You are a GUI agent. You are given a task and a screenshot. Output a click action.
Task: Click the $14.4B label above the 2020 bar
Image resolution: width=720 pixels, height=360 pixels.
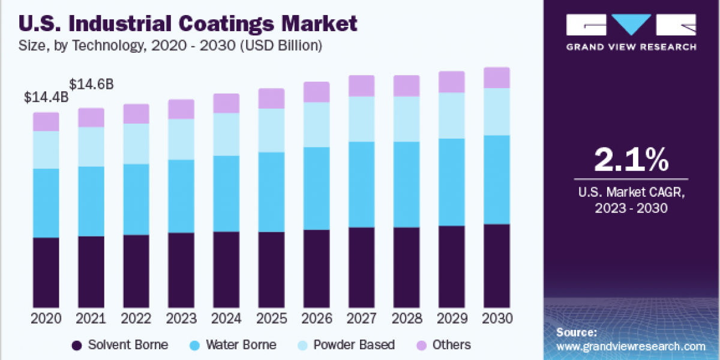46,97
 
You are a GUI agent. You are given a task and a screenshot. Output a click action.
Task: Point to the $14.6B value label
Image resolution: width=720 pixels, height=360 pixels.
92,84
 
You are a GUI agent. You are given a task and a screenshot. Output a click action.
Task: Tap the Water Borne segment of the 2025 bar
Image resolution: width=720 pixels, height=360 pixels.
271,192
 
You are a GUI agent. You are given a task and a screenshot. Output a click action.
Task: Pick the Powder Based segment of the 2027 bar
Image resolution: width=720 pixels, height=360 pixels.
361,119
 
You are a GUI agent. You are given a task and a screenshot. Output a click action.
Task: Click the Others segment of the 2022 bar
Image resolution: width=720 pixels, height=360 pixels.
136,113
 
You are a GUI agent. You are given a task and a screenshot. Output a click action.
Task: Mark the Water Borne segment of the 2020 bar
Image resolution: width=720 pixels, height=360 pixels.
46,203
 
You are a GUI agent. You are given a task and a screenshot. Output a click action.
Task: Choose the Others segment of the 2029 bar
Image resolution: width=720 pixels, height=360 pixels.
451,82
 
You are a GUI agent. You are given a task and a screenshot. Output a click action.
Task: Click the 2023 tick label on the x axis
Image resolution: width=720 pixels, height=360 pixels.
181,318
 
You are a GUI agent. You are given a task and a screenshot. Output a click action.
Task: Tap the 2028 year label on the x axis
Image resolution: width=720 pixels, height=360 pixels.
406,318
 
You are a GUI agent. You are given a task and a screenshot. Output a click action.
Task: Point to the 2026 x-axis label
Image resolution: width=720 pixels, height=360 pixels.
316,318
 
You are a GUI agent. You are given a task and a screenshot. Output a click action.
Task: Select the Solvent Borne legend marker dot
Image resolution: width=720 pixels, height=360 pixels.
77,345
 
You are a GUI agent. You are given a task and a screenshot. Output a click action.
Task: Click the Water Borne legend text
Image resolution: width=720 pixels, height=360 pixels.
241,345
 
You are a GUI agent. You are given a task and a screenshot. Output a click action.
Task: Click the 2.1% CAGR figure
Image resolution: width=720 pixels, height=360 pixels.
631,161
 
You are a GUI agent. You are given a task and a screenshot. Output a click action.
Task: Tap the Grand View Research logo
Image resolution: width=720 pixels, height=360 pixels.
631,33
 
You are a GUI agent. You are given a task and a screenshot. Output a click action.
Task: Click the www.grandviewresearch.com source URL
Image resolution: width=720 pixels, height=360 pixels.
631,346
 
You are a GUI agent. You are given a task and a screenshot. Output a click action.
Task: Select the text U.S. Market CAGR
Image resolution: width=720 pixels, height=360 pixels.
631,193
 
